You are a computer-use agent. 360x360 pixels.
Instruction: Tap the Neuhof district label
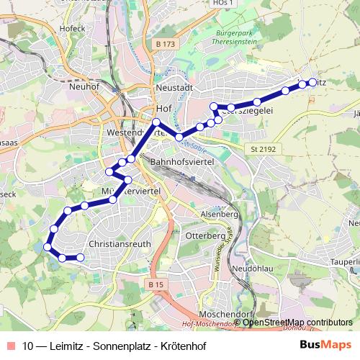point(85,87)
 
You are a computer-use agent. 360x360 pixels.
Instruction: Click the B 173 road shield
point(166,44)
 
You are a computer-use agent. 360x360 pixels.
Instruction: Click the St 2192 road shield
point(264,149)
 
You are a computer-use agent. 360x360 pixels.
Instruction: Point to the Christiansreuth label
point(119,243)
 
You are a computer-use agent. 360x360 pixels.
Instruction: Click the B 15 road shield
point(156,284)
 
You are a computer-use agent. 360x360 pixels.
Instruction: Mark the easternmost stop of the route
point(312,83)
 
